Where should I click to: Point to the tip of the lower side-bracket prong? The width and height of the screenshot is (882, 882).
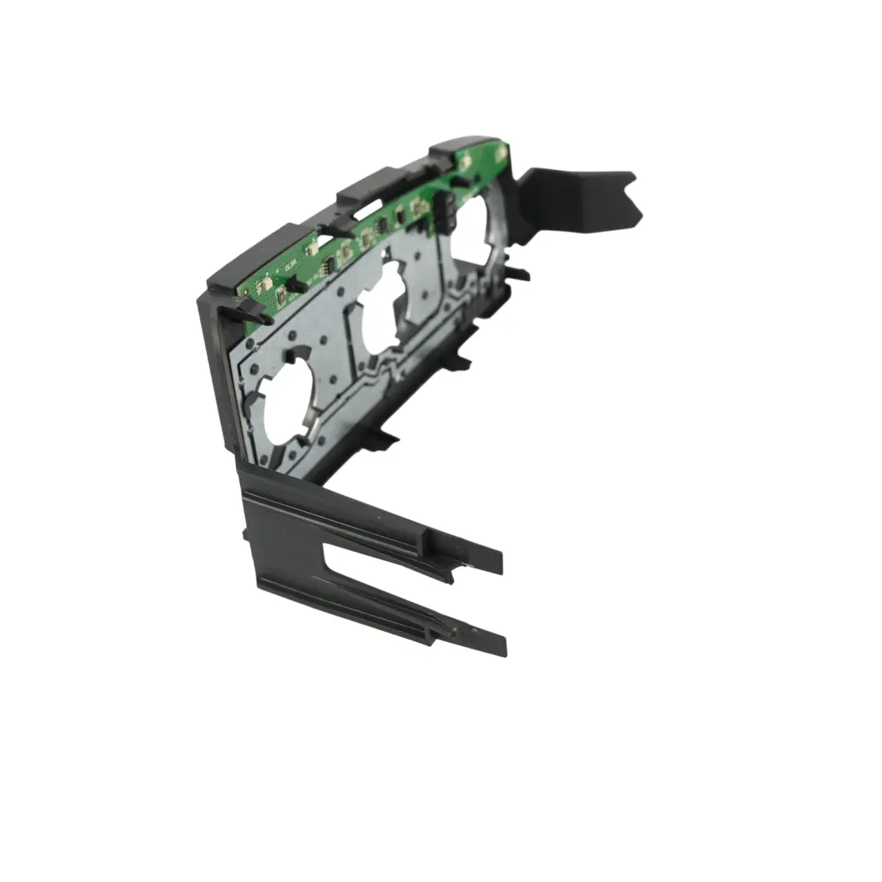(x=498, y=644)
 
